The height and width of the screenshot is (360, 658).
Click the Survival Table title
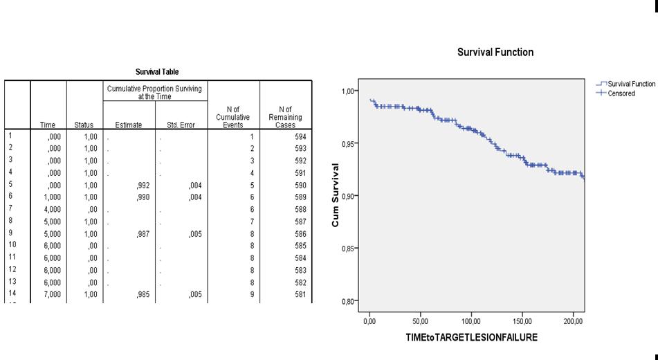(157, 72)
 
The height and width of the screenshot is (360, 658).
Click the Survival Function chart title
(495, 52)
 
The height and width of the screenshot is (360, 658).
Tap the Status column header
(84, 125)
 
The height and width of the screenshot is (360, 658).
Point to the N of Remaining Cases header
(285, 117)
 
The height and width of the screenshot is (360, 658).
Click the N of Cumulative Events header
(232, 117)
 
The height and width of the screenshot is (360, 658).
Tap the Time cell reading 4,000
(52, 208)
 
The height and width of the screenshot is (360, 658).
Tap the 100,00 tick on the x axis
(471, 322)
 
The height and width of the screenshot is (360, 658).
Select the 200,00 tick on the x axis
(574, 322)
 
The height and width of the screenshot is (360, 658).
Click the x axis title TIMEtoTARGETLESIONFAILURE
(473, 338)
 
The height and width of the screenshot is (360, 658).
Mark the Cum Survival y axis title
(336, 195)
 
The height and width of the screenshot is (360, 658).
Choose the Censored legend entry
(621, 93)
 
